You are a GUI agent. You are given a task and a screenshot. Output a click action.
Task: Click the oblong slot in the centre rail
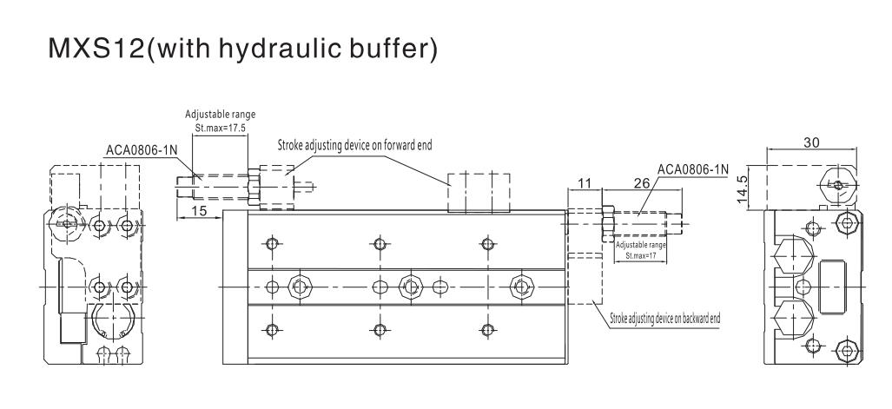pos(440,287)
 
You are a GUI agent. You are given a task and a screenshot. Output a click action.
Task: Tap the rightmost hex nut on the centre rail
pos(520,287)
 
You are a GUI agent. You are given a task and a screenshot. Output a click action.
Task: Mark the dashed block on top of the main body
pos(479,192)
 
